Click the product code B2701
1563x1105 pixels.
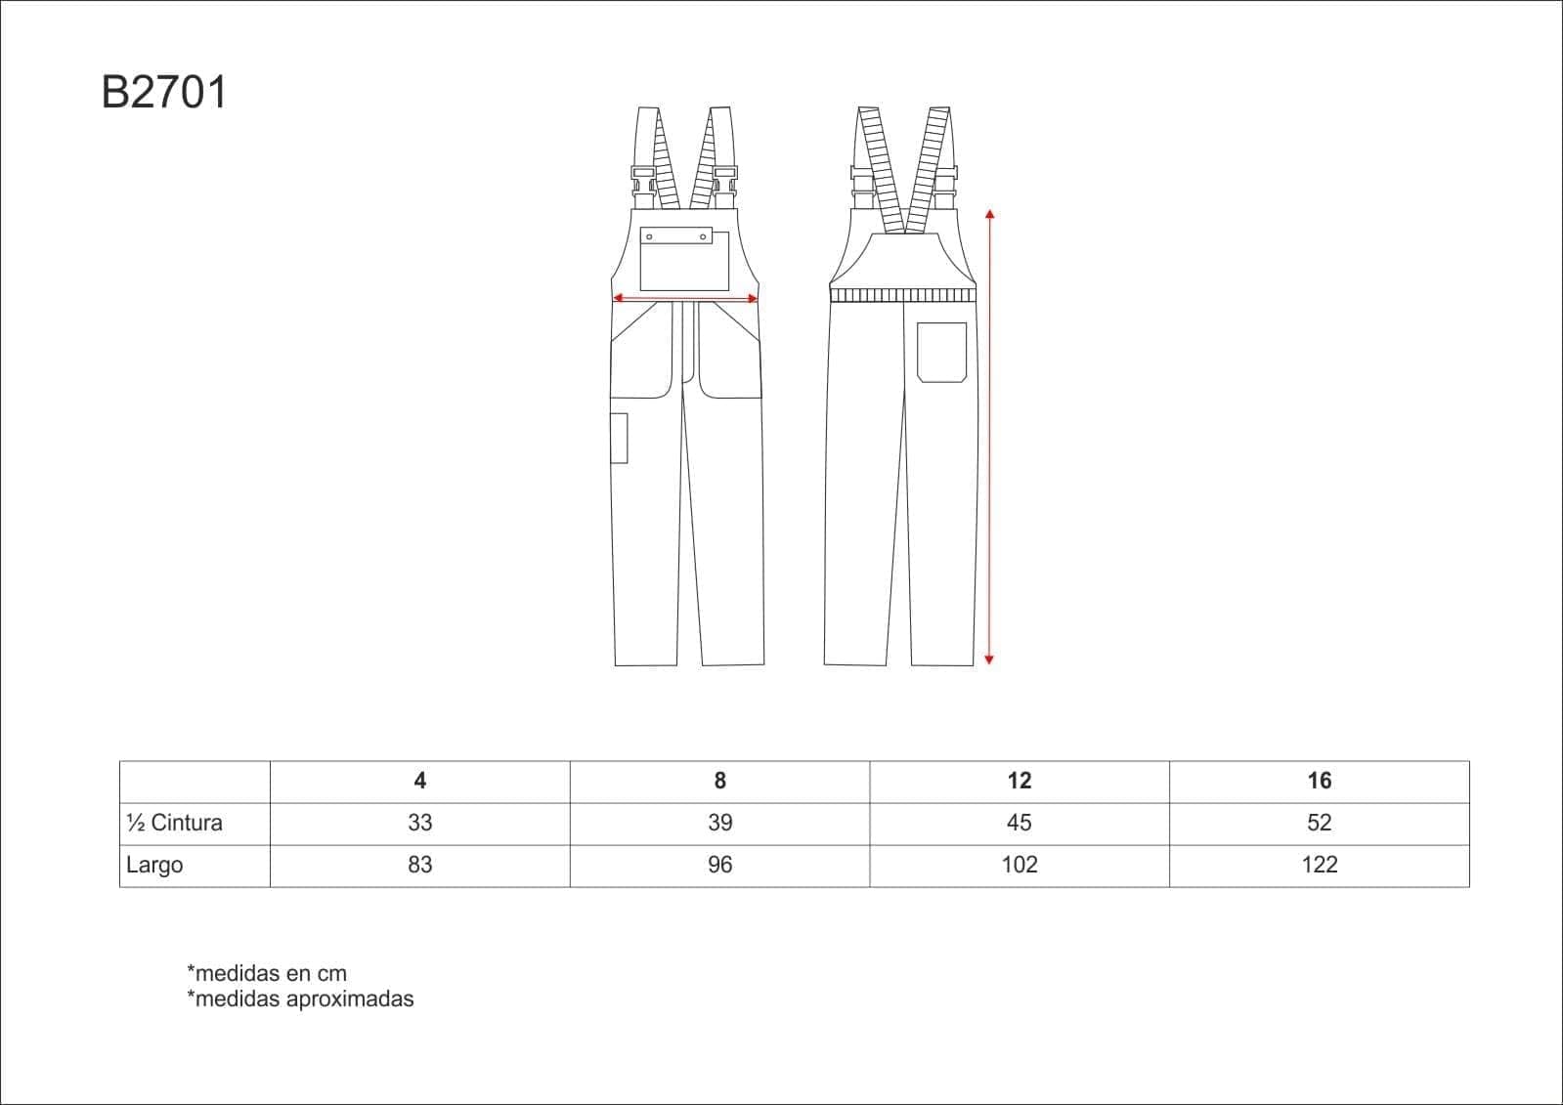tap(164, 92)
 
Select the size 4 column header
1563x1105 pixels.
tap(419, 781)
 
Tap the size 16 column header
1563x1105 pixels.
tap(1319, 781)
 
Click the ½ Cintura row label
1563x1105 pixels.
tap(174, 823)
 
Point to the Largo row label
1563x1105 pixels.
tap(154, 865)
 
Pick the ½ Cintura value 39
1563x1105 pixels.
tap(720, 823)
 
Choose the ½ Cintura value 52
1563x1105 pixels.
tap(1319, 823)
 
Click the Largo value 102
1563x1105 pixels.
tap(1019, 865)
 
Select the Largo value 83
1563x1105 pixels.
tap(419, 865)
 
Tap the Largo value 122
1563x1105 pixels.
tap(1319, 865)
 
